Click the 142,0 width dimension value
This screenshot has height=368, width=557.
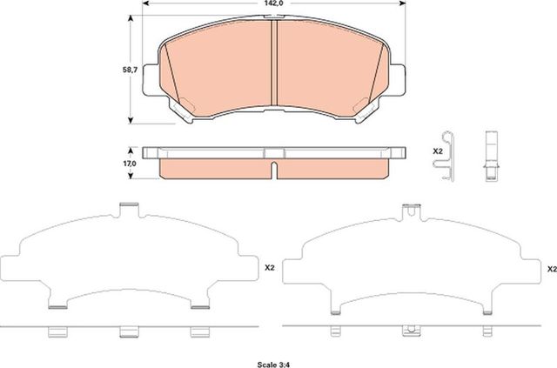click(x=274, y=4)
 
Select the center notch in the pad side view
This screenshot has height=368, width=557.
click(x=274, y=166)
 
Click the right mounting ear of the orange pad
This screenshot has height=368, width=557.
click(x=399, y=76)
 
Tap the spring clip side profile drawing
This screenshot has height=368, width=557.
click(x=449, y=157)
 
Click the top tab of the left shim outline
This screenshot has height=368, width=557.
click(x=128, y=209)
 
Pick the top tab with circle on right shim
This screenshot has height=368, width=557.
click(x=408, y=209)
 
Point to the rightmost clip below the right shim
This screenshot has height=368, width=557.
click(x=480, y=332)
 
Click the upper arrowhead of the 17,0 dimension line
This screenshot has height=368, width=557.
click(x=132, y=149)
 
